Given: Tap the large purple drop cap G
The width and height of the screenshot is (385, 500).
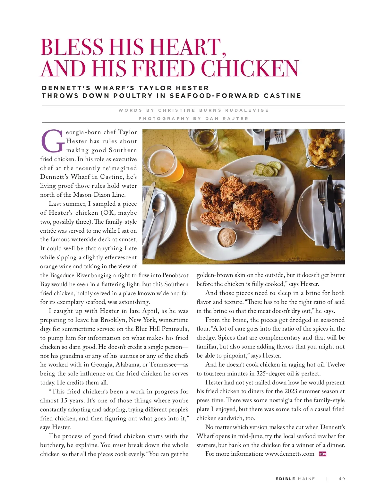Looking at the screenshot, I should pos(52,141).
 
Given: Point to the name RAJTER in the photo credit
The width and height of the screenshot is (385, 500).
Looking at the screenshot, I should pos(235,118).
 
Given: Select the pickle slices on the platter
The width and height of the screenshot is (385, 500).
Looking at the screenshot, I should pos(268,168).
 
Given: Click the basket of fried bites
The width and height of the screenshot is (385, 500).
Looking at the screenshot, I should pos(324,148).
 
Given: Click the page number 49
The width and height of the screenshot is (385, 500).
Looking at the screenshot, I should pos(342,478).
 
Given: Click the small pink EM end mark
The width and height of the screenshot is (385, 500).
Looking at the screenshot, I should pos(322,454).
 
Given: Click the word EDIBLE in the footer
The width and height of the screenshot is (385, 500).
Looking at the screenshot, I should pos(285,478).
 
